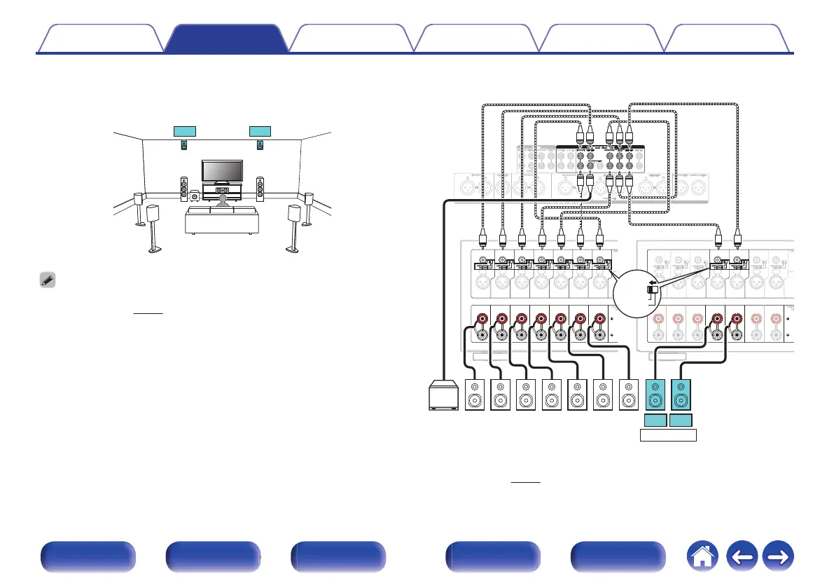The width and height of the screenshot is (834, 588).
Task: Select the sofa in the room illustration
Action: click(x=221, y=220)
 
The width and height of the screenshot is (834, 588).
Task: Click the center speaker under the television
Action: click(x=223, y=191)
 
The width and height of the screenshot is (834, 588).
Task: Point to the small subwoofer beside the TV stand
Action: click(x=193, y=197)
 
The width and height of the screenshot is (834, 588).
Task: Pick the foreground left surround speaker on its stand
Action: click(x=153, y=228)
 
